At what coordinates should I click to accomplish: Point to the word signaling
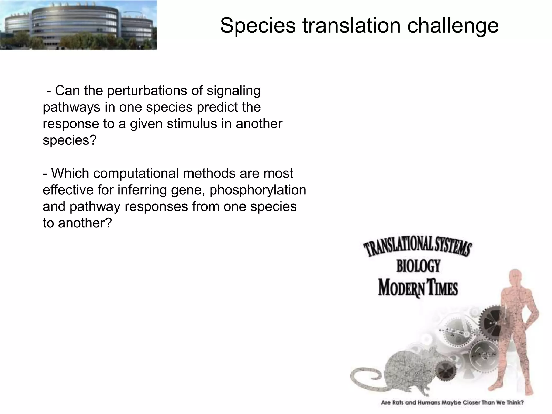[233, 91]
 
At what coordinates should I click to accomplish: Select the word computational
[136, 174]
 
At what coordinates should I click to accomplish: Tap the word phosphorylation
[258, 190]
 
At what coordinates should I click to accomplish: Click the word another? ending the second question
[85, 223]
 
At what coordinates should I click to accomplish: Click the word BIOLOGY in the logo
[418, 266]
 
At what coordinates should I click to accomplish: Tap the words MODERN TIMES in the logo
[418, 288]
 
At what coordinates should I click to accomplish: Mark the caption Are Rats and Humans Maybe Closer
[452, 403]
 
